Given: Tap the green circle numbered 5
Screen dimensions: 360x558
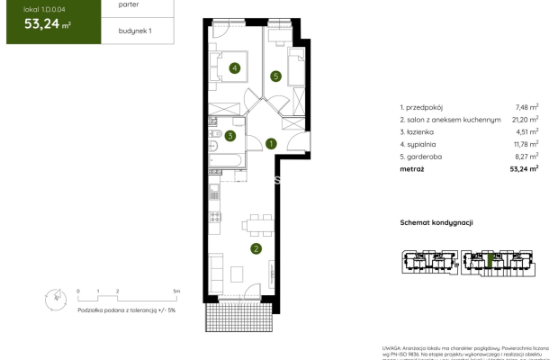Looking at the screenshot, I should coord(276,76).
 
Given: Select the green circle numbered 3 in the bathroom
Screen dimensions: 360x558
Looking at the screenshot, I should coord(231,137).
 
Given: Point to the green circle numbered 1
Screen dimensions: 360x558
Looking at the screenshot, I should coord(271,142).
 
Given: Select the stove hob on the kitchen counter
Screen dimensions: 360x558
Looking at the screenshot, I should coord(213,216).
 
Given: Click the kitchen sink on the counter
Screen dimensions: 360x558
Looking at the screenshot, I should coord(213,192).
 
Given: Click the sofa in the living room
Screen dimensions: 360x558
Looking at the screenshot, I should coord(216,271).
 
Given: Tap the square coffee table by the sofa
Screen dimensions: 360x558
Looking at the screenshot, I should coord(238,271).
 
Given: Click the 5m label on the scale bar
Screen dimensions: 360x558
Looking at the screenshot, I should coord(176,292).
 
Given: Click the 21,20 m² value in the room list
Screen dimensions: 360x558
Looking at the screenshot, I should coord(528,118).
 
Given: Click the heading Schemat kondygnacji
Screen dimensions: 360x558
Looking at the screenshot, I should coord(436,222).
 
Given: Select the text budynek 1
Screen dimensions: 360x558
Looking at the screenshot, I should coord(135,31).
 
